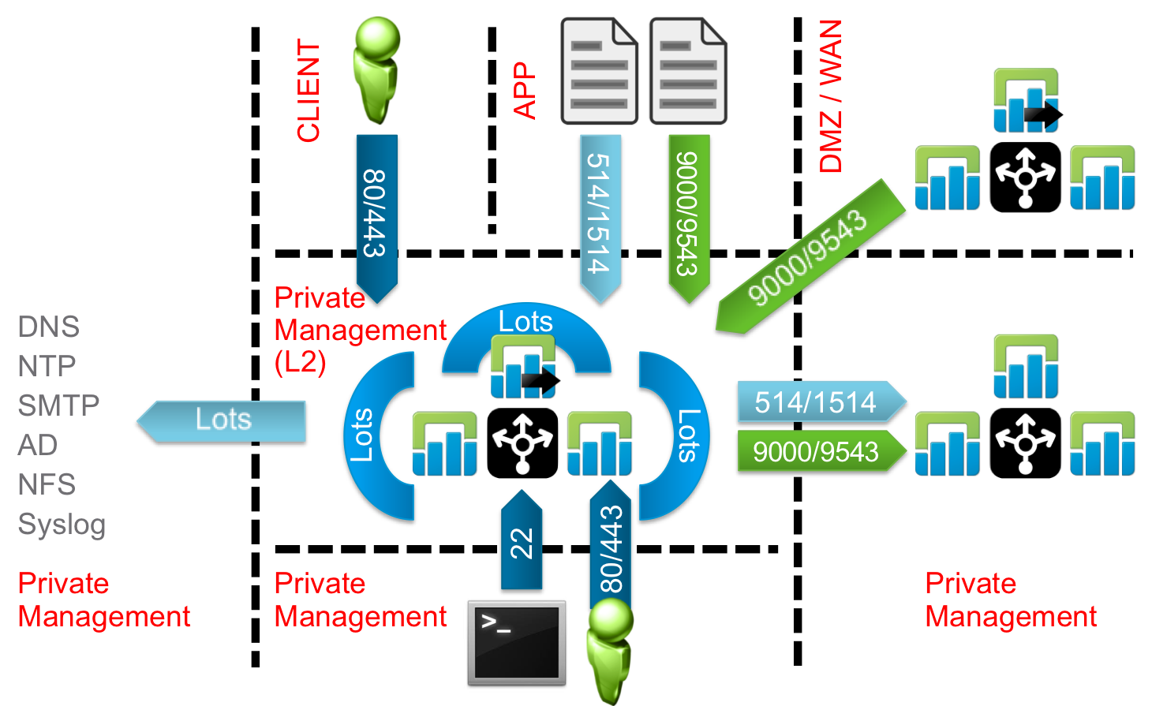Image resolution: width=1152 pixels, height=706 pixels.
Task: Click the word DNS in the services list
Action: [48, 327]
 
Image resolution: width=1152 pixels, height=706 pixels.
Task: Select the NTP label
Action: [47, 366]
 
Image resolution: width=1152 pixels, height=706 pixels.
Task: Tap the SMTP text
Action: [58, 405]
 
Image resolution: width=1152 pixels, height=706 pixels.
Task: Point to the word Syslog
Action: [62, 525]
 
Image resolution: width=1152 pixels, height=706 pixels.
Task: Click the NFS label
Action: [47, 484]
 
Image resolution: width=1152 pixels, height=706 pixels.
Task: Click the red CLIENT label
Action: [309, 91]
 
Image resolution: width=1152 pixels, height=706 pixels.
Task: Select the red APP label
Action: [524, 91]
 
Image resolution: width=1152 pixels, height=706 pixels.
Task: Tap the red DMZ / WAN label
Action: [831, 96]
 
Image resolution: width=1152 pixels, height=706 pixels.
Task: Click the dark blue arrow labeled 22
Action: [522, 540]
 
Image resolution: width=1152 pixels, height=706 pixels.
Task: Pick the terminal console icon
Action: [517, 642]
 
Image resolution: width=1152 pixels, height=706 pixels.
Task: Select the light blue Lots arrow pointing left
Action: [223, 420]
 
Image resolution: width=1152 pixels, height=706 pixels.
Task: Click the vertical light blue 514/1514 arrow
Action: [600, 215]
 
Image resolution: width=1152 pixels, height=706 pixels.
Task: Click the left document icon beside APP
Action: [599, 73]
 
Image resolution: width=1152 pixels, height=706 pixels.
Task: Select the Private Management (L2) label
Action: [360, 330]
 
